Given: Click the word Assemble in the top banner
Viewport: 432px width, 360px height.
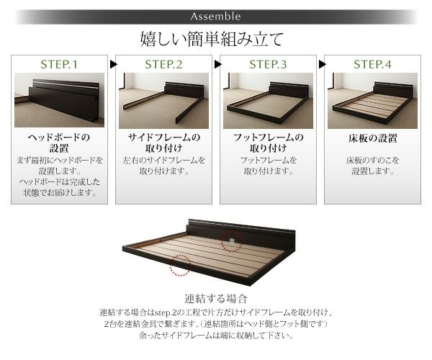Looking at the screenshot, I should pos(216,16).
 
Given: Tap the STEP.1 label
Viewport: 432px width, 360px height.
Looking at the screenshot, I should pos(60,65).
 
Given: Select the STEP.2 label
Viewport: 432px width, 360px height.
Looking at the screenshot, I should pos(163,65).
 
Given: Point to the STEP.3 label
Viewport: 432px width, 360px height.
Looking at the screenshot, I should pos(268,65).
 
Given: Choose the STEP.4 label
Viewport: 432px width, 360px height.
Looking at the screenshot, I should pos(372,65).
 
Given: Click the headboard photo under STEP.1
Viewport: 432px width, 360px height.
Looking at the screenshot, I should pos(60,100).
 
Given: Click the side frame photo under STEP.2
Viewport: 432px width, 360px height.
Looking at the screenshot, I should pos(163,100).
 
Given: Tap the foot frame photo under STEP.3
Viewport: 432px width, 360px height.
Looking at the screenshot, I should pos(268,100).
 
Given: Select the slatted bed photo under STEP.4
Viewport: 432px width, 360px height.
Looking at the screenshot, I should pos(372,100).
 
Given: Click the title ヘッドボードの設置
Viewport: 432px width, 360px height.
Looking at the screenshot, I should pos(60,143).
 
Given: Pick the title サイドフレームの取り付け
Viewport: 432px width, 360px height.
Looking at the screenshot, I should pos(163,143).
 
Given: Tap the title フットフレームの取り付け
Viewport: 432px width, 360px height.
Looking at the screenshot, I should pos(268,143).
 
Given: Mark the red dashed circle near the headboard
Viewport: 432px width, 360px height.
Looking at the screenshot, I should pos(231,242).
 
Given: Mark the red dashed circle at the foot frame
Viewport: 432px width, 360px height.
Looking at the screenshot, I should pos(179,267).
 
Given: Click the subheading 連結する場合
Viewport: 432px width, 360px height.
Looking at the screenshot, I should pos(216,298).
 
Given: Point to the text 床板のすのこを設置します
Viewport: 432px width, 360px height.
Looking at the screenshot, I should pos(372,166).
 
